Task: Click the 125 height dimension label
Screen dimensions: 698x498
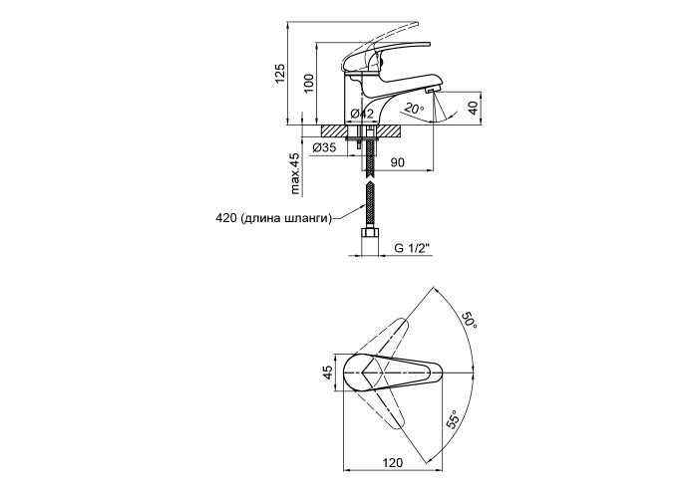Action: click(x=279, y=74)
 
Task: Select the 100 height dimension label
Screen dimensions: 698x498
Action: click(x=309, y=83)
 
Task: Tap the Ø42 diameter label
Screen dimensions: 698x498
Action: click(x=361, y=114)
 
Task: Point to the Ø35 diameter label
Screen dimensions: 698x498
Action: click(x=324, y=147)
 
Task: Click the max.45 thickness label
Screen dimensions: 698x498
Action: click(x=295, y=174)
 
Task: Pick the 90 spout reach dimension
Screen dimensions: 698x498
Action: click(x=398, y=162)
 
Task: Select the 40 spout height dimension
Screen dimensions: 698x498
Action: click(x=474, y=108)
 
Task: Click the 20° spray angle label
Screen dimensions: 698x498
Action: click(x=414, y=108)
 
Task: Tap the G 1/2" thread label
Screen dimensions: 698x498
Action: click(x=414, y=248)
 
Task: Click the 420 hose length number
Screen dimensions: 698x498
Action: click(x=225, y=218)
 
